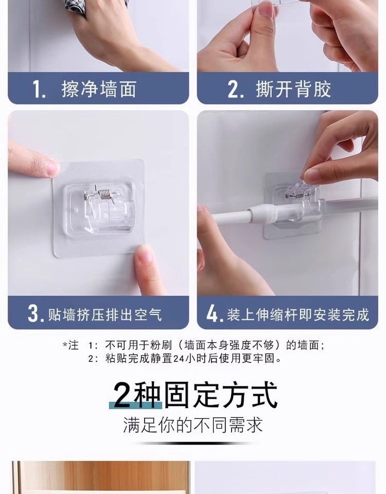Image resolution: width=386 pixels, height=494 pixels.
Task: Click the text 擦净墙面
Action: [x=99, y=89]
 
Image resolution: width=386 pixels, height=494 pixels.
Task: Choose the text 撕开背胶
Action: [x=294, y=89]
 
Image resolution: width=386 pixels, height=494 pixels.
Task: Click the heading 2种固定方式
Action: [x=196, y=395]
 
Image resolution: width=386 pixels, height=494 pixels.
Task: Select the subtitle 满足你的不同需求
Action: [x=193, y=425]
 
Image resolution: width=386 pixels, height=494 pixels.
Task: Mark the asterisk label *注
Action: [x=71, y=345]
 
